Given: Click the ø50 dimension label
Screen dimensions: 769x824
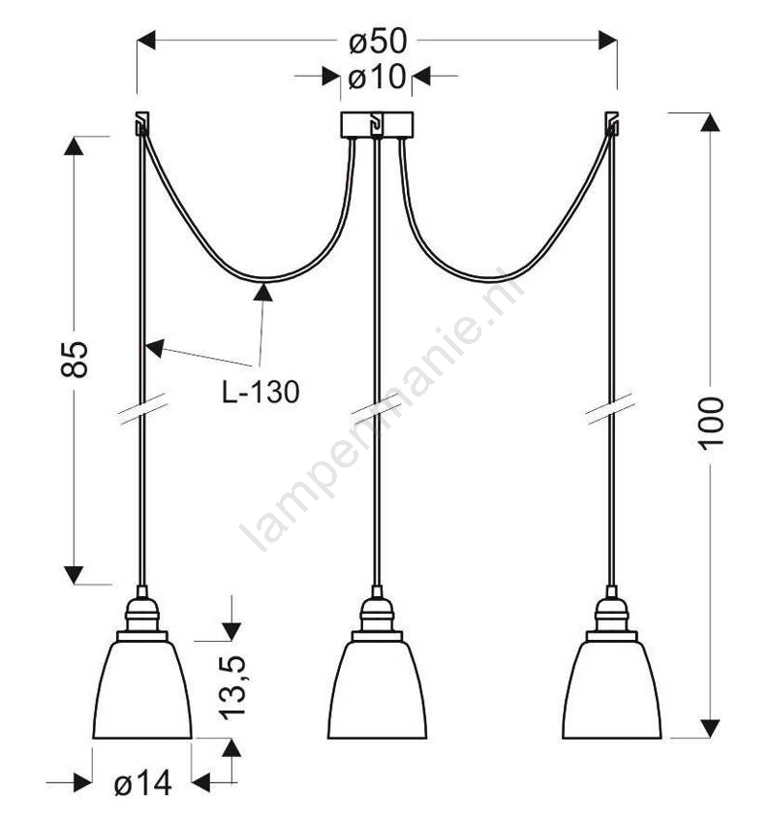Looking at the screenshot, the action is click(x=378, y=41).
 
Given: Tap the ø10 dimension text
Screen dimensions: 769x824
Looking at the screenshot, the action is click(x=377, y=77).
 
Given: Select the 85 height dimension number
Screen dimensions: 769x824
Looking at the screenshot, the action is click(x=74, y=360).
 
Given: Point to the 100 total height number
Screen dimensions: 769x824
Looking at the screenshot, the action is click(x=710, y=423).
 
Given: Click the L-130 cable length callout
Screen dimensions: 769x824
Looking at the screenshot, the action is click(x=261, y=392).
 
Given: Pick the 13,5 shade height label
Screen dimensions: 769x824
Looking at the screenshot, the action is click(x=232, y=688).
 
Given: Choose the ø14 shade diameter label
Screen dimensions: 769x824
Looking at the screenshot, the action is click(x=142, y=783).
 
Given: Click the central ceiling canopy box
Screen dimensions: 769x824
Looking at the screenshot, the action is click(x=377, y=125).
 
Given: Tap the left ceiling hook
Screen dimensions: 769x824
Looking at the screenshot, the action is click(x=141, y=123).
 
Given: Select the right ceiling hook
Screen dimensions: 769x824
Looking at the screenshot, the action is click(x=611, y=123).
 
